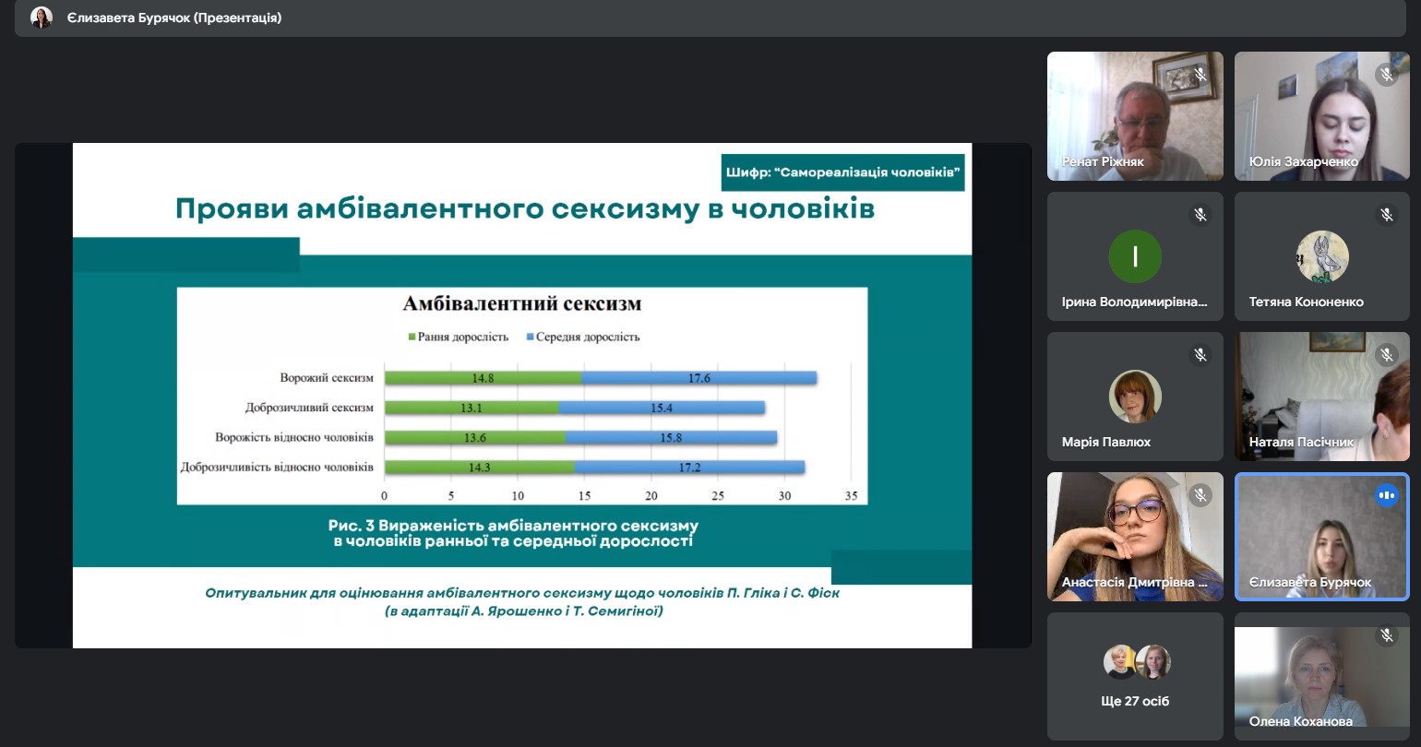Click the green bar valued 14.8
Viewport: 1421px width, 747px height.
[x=483, y=378]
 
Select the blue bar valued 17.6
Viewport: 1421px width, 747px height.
[x=699, y=378]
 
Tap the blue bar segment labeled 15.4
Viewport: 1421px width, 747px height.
[x=661, y=408]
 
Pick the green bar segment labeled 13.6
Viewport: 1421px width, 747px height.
[x=474, y=437]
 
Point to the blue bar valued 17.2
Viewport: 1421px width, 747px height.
[x=688, y=468]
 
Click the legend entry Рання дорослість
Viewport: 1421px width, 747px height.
[x=459, y=337]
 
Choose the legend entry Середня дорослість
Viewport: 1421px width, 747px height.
[x=582, y=337]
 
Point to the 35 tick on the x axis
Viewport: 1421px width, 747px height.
[x=851, y=496]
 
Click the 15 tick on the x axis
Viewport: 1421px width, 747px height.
[x=584, y=496]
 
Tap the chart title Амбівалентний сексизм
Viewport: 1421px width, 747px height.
[x=522, y=304]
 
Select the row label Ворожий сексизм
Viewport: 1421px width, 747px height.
[x=327, y=378]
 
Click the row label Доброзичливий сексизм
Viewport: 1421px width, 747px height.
[x=309, y=408]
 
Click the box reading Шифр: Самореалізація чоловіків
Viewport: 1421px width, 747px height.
[x=842, y=172]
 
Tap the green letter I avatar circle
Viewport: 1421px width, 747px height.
[x=1135, y=256]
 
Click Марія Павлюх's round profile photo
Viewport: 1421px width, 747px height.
[x=1135, y=397]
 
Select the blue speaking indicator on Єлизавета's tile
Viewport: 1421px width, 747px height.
[x=1386, y=495]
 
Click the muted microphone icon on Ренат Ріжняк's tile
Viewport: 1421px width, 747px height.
[x=1200, y=75]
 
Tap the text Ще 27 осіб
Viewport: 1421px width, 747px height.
[x=1135, y=701]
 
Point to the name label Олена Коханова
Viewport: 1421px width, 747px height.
[x=1301, y=721]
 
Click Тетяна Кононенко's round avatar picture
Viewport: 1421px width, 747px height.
[x=1322, y=256]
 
